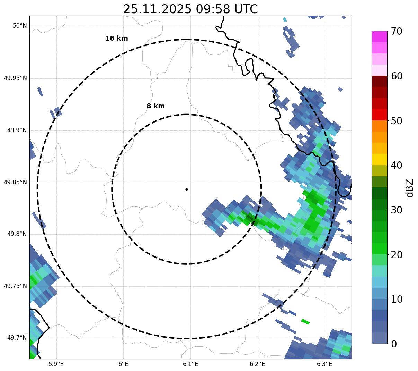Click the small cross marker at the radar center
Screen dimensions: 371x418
(187, 189)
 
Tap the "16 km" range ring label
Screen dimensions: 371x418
(116, 39)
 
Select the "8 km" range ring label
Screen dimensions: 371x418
(155, 106)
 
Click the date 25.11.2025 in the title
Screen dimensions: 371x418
(157, 9)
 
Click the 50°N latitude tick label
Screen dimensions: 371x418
(20, 26)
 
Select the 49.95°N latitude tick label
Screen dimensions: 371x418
(15, 78)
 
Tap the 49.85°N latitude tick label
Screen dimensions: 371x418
(15, 182)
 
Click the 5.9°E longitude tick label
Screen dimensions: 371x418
(56, 364)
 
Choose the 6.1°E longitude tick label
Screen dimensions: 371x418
(190, 364)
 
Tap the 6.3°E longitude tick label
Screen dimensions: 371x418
(324, 364)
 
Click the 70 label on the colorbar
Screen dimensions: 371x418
(397, 31)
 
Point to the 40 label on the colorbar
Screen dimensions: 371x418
(397, 165)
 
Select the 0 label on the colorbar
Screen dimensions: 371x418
(394, 344)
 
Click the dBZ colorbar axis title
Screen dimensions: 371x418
(410, 188)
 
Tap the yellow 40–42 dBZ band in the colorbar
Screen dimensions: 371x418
(379, 159)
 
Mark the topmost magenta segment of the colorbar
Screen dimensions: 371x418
(379, 36)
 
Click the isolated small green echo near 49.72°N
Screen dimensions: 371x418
(305, 322)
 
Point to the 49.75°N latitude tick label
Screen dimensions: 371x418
(15, 286)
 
